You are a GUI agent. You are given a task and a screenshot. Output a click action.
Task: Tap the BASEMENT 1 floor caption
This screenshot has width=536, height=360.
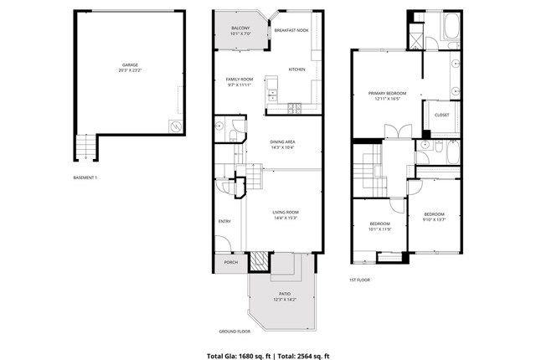pos(85,177)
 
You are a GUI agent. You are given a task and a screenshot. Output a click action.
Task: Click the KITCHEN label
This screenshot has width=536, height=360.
pos(297,69)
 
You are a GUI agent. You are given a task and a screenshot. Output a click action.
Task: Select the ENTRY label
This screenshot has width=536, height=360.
pos(224,221)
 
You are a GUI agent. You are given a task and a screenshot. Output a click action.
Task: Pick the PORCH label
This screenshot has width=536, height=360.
pos(230,263)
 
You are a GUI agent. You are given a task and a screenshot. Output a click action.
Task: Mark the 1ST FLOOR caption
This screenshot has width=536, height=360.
pos(359,280)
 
